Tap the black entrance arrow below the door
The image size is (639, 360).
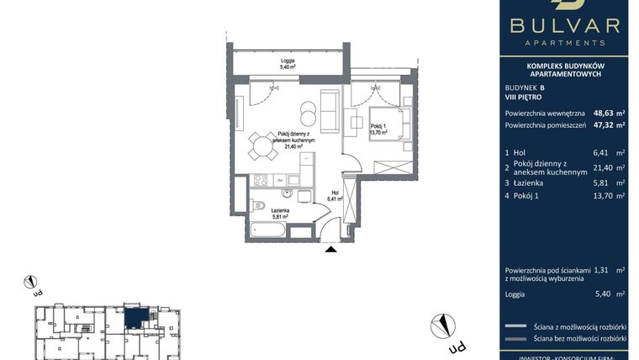coord(331,247)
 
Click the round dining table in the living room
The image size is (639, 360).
coord(261,149)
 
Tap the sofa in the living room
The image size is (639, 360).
coord(329,114)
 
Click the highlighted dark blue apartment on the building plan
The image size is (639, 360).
coord(135,317)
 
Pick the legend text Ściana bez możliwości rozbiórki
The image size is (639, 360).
coord(579,338)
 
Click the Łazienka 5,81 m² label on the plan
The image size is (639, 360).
coord(276,214)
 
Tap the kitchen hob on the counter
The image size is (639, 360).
coord(261,179)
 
